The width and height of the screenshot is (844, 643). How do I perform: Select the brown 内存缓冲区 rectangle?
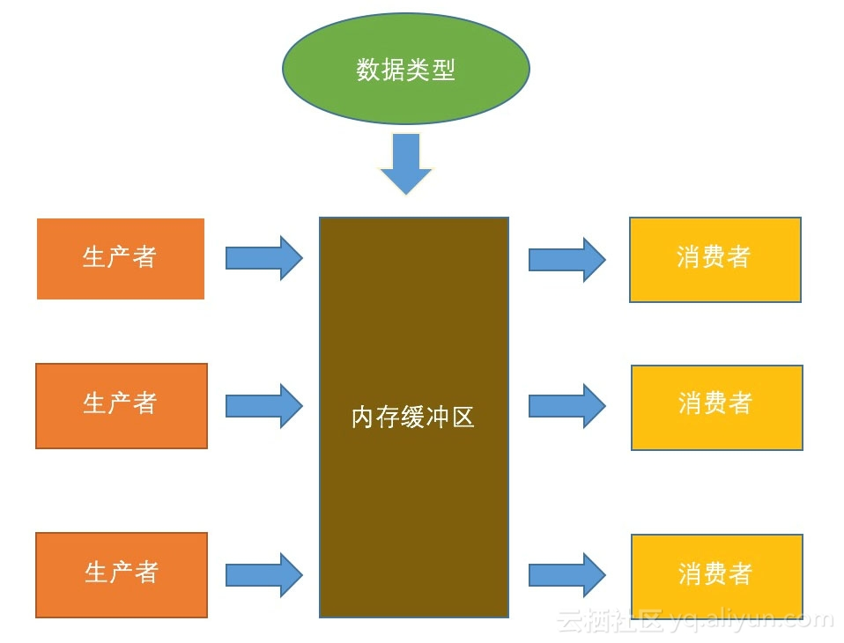pos(413,511)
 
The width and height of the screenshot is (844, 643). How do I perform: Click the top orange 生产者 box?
pos(121,259)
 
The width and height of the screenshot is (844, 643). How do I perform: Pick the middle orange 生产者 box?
pos(122,406)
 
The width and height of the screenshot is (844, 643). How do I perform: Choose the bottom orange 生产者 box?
pos(122,574)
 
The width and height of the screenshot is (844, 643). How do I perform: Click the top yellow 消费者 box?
pos(715,260)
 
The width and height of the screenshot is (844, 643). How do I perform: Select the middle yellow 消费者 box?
pos(717,407)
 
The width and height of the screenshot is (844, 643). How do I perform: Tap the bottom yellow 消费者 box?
pos(717,576)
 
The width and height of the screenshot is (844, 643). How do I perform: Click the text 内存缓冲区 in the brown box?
pos(413,418)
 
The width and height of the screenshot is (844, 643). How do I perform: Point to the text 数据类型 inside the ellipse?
pos(405,70)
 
